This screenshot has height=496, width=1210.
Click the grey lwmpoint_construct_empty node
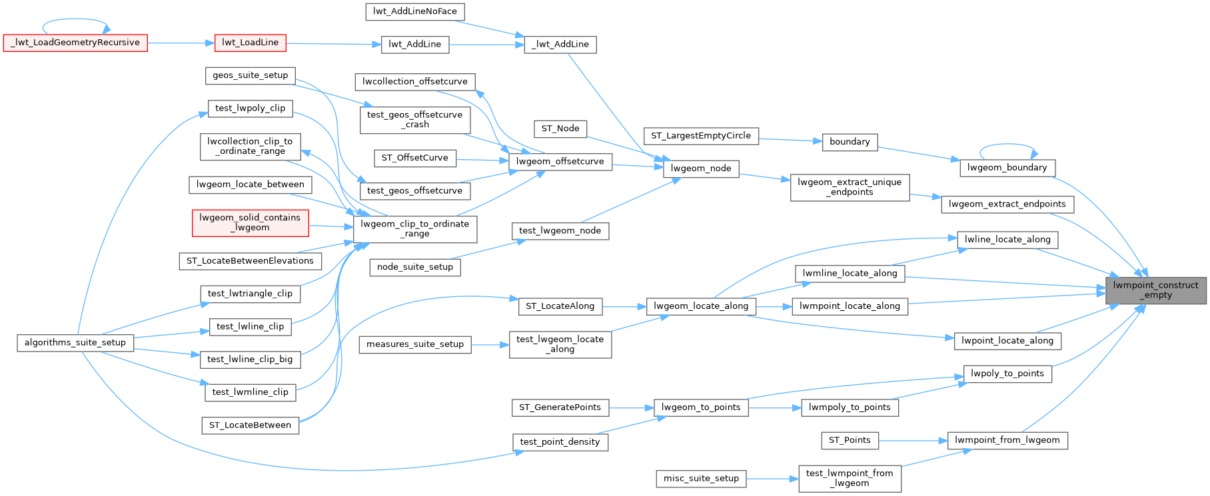(x=1155, y=290)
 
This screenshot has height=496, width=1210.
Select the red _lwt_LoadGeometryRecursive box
(x=75, y=43)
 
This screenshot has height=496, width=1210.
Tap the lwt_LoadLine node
(x=250, y=43)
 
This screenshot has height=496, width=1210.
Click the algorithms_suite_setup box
(x=75, y=343)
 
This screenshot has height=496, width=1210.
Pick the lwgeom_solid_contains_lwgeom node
(x=250, y=222)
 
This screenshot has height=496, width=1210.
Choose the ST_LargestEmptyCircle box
(x=700, y=136)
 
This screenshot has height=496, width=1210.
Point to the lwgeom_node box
(x=701, y=168)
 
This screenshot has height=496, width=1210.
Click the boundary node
(x=850, y=142)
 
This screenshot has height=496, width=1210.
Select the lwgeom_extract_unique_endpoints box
(x=850, y=187)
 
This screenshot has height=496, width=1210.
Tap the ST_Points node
(x=850, y=440)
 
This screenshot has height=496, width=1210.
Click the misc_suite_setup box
(x=701, y=478)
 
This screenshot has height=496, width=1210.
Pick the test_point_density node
(x=560, y=441)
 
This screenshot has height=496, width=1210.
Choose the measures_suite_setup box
(x=415, y=344)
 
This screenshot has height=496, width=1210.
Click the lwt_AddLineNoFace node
(x=414, y=11)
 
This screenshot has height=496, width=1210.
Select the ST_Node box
(x=560, y=128)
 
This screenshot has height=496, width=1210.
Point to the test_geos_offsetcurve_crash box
(x=414, y=119)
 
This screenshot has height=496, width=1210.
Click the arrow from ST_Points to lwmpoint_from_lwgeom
(x=913, y=440)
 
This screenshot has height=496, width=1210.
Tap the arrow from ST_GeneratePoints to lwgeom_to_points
(x=630, y=407)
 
